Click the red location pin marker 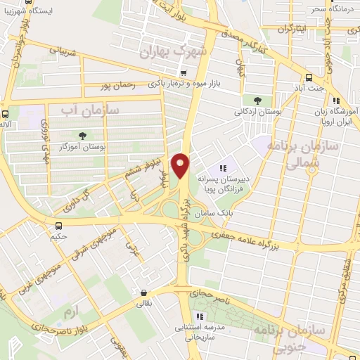tap(181, 166)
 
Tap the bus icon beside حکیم tap(58, 226)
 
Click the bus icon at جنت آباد tap(309, 78)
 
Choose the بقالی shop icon tap(144, 293)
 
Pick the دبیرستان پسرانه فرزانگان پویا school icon tap(223, 169)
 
